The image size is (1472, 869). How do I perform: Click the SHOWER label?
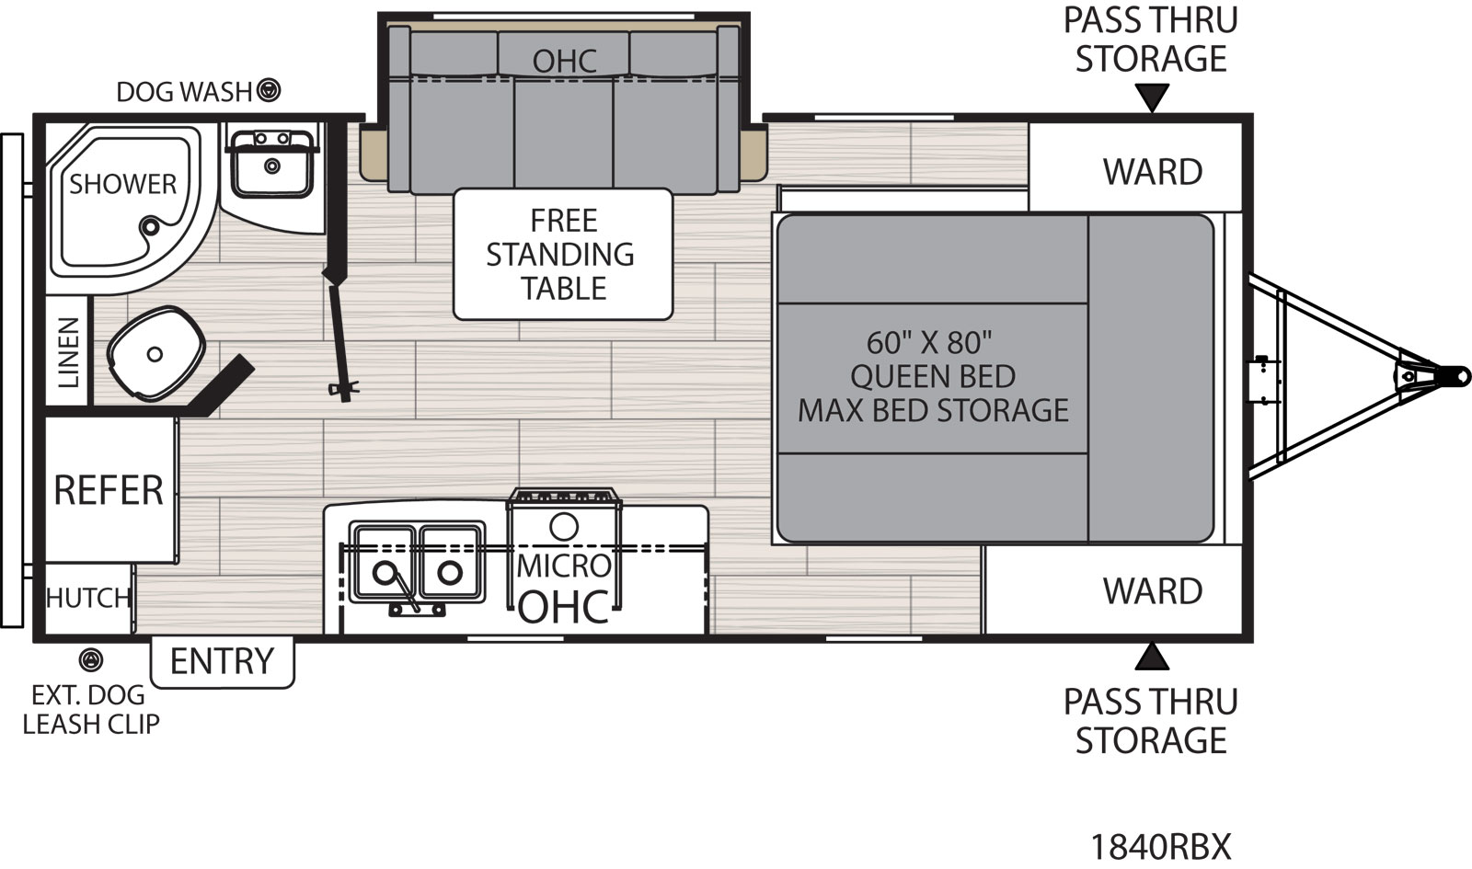coord(122,184)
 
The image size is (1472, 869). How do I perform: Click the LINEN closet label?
coord(68,352)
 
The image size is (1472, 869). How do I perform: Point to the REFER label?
coord(109,490)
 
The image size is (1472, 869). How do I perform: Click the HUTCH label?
coord(88,598)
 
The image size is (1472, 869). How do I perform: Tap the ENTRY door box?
coord(222,661)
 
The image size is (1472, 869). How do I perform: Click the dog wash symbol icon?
coord(269,90)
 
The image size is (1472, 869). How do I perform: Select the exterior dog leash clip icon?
coord(90,659)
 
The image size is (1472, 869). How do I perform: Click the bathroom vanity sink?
coord(271,165)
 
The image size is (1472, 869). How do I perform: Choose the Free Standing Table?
coord(562,254)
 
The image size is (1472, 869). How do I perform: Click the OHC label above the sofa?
coord(564,62)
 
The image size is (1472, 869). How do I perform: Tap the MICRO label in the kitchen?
coord(563,566)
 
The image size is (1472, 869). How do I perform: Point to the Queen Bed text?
coord(932,376)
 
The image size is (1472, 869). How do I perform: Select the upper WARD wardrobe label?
coord(1152,172)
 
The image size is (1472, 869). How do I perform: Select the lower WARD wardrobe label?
coord(1152,591)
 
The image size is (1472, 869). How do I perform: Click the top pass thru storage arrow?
coord(1151,97)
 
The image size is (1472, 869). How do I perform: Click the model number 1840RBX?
coord(1159,845)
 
